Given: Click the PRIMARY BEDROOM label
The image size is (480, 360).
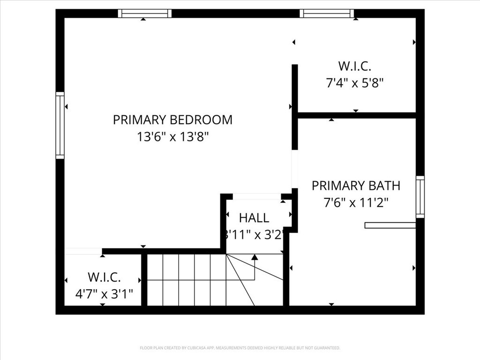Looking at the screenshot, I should click(x=172, y=120).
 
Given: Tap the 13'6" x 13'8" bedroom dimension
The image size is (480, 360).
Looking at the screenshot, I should click(x=172, y=137).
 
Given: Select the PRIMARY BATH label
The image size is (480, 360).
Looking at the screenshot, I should click(x=356, y=186).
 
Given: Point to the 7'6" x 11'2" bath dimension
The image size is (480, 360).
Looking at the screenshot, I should click(x=356, y=202).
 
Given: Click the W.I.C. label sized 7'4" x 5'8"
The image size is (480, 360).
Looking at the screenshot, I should click(x=355, y=66).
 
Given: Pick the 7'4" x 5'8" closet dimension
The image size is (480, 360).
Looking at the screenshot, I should click(x=355, y=83).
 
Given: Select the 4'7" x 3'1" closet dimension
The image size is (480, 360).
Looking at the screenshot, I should click(x=104, y=294).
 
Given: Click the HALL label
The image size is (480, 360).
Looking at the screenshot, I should click(x=254, y=217).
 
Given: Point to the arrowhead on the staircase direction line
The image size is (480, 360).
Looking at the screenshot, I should click(x=255, y=257).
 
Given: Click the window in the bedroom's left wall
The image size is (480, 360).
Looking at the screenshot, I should click(x=60, y=125).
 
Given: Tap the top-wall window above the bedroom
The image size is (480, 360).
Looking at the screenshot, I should click(x=144, y=14).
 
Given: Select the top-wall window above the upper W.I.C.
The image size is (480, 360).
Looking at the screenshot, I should click(x=327, y=14).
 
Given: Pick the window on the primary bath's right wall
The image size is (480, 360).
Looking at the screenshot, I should click(x=420, y=197).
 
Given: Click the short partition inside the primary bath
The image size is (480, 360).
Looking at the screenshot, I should click(x=390, y=225).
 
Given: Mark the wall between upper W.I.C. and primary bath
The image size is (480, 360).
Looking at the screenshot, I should click(x=356, y=115).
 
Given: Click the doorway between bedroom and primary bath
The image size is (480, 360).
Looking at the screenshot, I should click(x=295, y=169).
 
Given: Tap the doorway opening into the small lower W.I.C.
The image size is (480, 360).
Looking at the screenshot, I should click(x=83, y=251).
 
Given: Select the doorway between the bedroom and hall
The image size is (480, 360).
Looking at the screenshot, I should click(x=257, y=196).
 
